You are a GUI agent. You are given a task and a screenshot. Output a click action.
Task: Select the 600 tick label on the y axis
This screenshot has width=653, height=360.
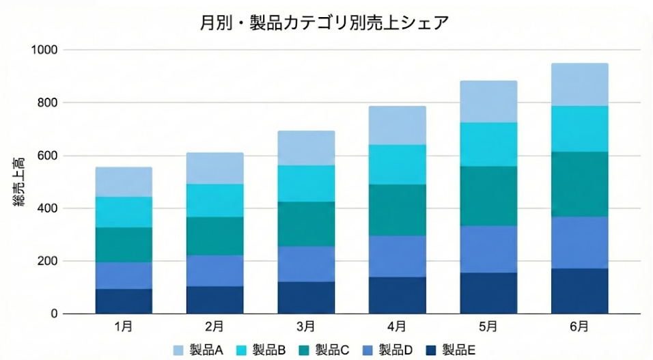[49, 156]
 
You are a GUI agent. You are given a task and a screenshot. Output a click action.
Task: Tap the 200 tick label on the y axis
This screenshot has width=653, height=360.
[49, 261]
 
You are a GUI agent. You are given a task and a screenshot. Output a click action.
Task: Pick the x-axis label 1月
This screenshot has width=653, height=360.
[124, 327]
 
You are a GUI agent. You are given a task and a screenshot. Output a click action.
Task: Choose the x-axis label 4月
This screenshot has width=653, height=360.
[397, 327]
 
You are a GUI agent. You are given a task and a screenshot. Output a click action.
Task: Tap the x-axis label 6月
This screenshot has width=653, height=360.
[579, 327]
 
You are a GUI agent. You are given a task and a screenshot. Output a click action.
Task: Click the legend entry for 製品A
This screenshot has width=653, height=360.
[199, 350]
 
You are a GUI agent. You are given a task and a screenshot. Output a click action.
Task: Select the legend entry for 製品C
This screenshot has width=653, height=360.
[324, 350]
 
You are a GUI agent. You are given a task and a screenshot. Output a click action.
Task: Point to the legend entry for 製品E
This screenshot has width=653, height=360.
[450, 350]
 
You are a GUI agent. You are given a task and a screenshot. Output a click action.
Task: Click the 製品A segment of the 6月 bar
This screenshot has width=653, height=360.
[579, 85]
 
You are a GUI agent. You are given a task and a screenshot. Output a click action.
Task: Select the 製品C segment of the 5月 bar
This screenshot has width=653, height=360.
[488, 196]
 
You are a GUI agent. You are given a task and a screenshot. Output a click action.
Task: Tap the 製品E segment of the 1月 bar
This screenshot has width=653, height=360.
[124, 301]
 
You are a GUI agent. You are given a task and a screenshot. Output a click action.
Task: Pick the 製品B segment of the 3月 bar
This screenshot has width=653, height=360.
[306, 184]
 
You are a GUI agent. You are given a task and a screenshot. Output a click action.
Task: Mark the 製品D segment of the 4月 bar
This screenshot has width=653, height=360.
[397, 256]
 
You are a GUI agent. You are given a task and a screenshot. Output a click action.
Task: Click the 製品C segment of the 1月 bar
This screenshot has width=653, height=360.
[124, 245]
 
